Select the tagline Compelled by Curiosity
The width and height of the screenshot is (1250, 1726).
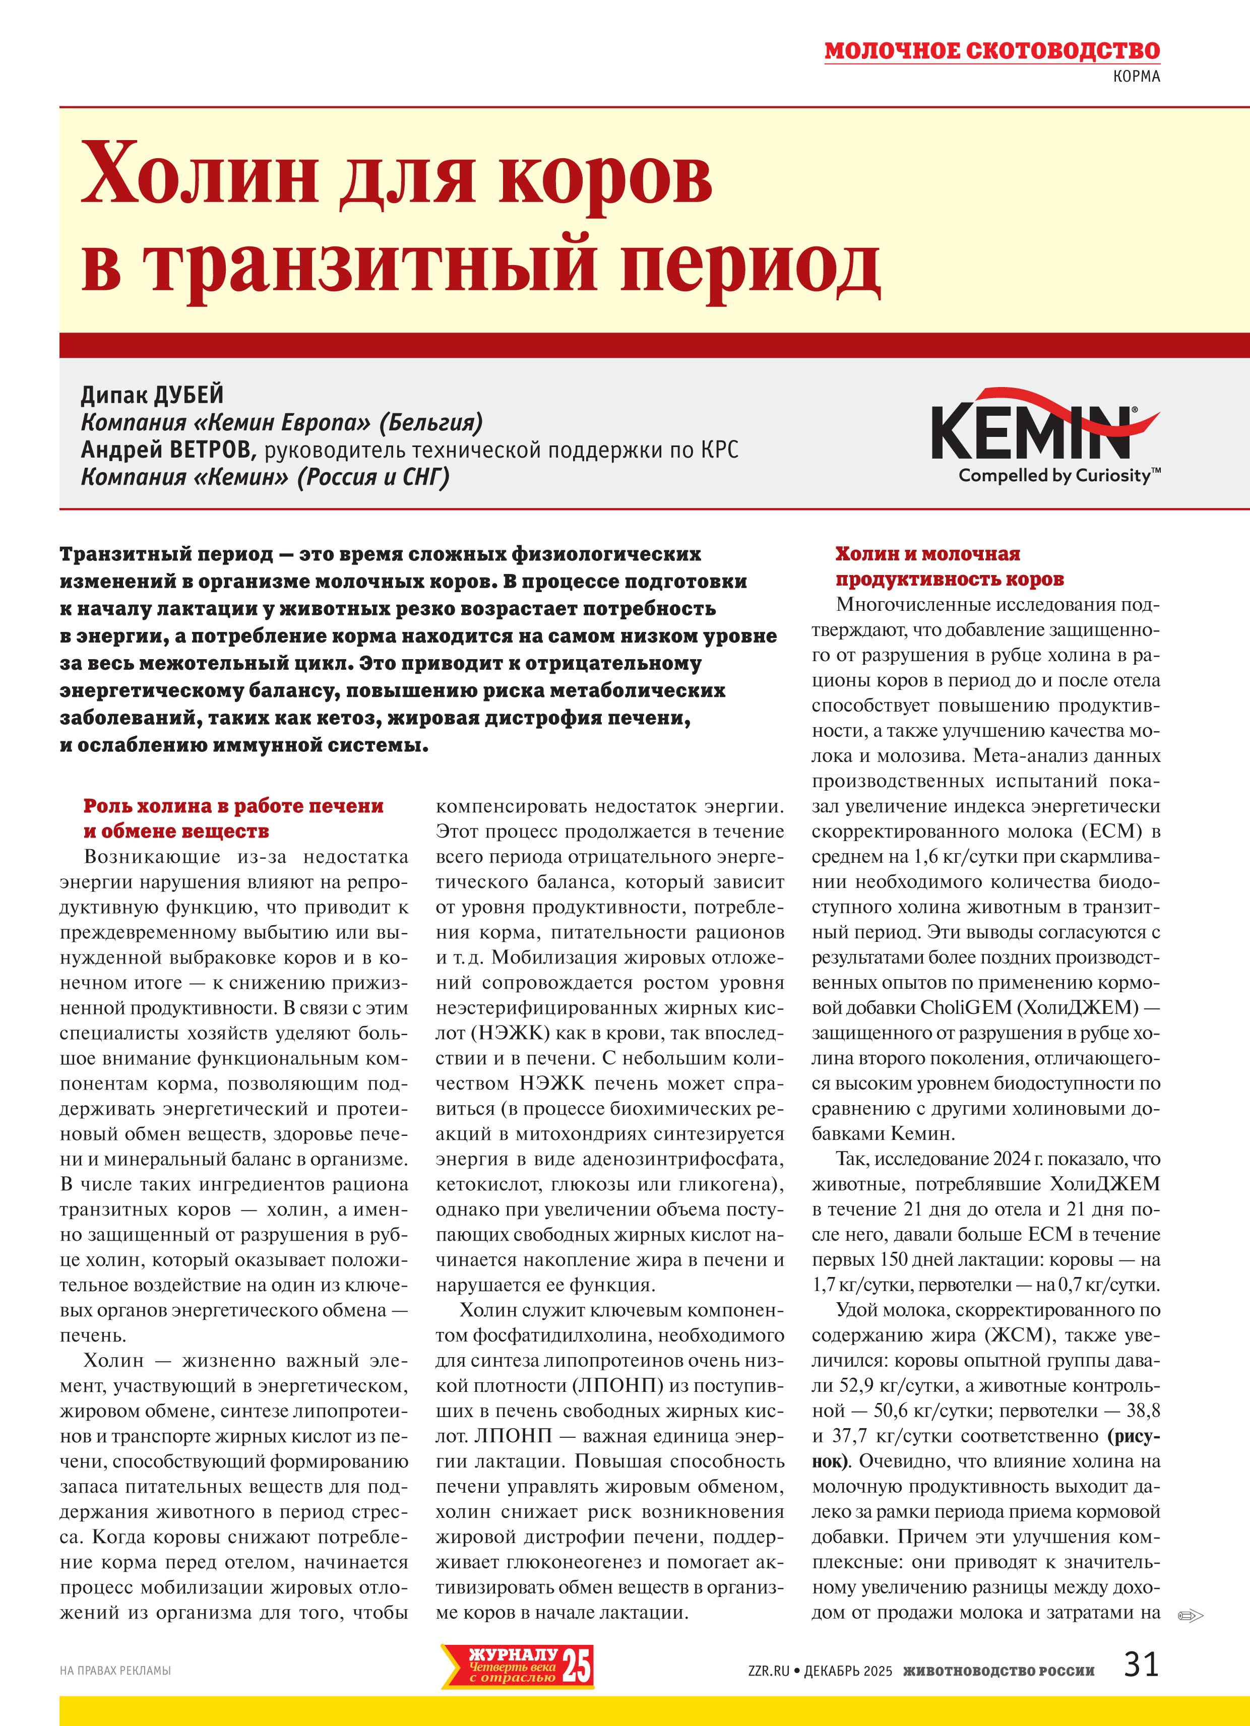click(x=1058, y=476)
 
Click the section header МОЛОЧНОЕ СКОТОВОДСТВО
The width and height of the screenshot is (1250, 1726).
click(x=991, y=51)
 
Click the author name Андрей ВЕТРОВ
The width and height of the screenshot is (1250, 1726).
click(x=166, y=450)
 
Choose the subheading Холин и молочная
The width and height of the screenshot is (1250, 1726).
click(x=927, y=553)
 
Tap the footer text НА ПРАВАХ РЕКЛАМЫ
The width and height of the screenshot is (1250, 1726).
click(x=115, y=1671)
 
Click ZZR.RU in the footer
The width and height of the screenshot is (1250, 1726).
click(x=768, y=1671)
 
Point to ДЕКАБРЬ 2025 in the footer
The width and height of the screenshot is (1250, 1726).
click(x=847, y=1671)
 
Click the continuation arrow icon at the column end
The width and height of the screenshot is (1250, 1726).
click(x=1189, y=1615)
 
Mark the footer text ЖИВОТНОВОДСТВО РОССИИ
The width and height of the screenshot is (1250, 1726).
click(x=999, y=1671)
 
